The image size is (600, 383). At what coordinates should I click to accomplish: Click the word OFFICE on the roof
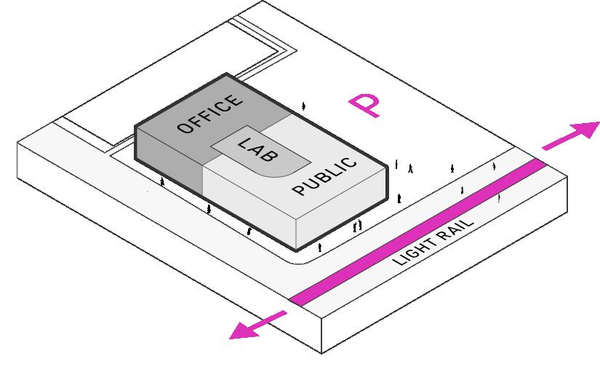(209, 114)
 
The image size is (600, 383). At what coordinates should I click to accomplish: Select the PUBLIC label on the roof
(325, 177)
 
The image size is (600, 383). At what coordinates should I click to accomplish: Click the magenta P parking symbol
(363, 106)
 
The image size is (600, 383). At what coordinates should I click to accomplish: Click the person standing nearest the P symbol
(303, 106)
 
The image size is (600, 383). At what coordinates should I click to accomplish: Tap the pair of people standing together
(357, 226)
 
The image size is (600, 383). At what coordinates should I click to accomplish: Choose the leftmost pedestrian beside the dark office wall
(162, 182)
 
